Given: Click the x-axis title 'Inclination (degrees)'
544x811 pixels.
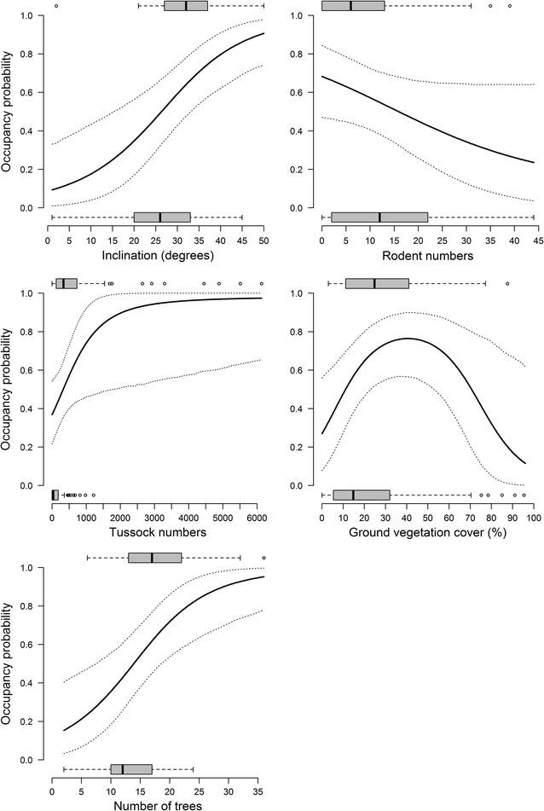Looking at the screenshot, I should tap(156, 255).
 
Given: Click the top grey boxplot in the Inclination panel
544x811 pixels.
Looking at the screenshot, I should tap(186, 6).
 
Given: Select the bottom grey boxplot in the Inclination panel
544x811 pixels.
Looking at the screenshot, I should tap(162, 217).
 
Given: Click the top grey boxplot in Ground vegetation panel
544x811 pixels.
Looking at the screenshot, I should tap(377, 283).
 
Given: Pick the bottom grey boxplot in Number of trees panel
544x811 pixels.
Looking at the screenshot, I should tap(131, 769).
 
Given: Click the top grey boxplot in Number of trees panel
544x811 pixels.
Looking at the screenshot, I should tap(155, 558).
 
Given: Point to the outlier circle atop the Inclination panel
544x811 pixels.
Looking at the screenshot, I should tap(56, 6).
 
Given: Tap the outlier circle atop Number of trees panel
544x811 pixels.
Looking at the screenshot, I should tap(263, 558).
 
